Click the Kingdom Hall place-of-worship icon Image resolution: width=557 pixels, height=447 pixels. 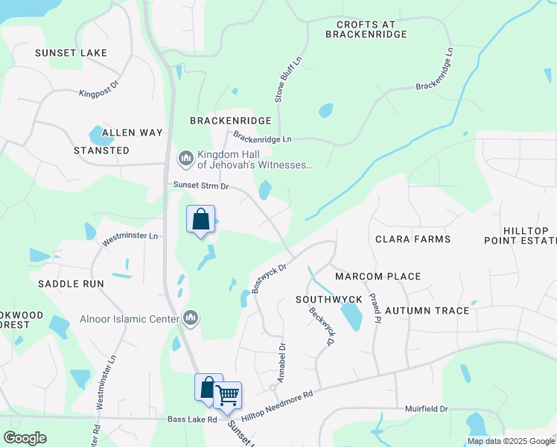[x=185, y=158]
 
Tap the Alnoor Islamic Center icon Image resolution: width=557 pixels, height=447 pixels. [x=191, y=319]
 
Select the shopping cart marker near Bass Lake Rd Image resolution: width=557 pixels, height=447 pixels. [x=228, y=394]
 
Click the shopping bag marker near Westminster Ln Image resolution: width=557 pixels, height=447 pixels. [x=200, y=220]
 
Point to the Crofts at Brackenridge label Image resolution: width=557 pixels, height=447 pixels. [x=366, y=29]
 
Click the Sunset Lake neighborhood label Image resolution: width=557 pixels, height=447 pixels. [x=71, y=53]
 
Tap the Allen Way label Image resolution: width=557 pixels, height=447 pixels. [x=132, y=133]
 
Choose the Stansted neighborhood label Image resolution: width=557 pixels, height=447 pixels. [x=101, y=150]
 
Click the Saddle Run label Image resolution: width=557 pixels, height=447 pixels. [x=71, y=284]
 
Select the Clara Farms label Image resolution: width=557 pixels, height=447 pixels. [x=413, y=239]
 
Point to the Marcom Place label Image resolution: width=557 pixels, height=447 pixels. [x=378, y=276]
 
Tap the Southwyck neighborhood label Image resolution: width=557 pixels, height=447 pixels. [x=328, y=299]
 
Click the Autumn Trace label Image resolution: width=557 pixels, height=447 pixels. [x=427, y=310]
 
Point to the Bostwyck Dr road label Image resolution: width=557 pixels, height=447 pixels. [x=270, y=276]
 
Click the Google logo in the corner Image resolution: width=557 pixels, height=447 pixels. [x=25, y=437]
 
